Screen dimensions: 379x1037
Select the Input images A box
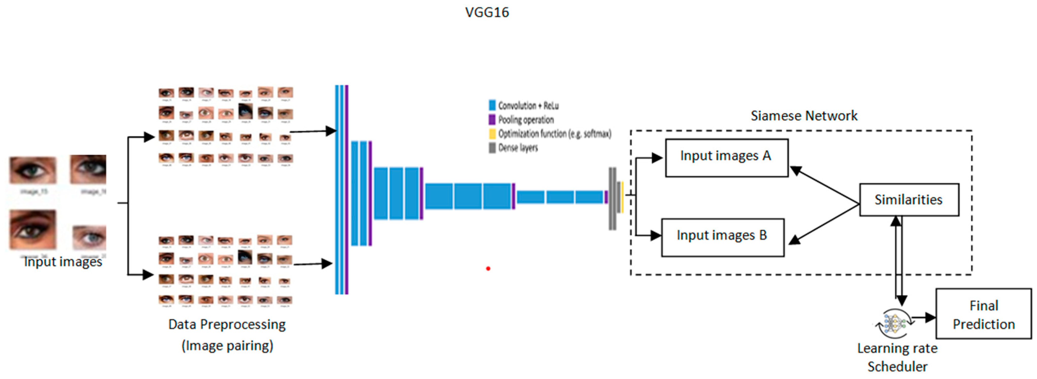pos(726,158)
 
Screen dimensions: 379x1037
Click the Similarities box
pos(909,200)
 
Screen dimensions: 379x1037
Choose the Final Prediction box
pos(983,314)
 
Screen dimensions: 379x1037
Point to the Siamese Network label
pos(804,116)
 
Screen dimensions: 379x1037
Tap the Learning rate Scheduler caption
pos(897,357)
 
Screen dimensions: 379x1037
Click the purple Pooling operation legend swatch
pos(492,119)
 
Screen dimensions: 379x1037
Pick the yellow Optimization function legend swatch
pos(492,134)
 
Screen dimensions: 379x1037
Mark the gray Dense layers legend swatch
pos(492,148)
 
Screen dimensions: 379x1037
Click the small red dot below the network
pos(488,268)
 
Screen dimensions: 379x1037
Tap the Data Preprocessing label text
pos(227,324)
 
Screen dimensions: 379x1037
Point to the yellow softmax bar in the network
pos(622,197)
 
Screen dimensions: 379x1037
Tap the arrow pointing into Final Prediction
pos(924,317)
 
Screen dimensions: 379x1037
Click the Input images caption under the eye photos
pos(63,262)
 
